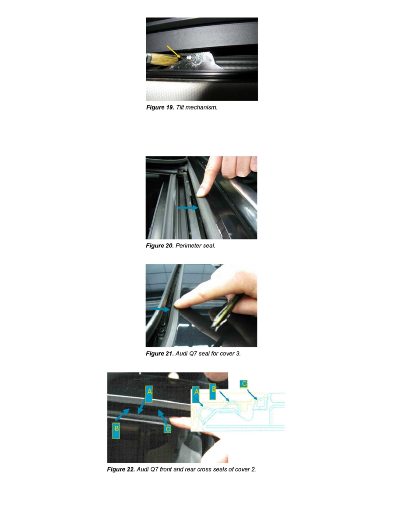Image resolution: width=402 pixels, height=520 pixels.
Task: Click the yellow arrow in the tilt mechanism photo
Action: [x=174, y=51]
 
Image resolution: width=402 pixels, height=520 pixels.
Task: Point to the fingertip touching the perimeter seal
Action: [x=202, y=191]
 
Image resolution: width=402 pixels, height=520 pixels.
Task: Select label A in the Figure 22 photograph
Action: [x=149, y=394]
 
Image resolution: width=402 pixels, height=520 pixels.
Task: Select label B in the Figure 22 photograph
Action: [x=117, y=431]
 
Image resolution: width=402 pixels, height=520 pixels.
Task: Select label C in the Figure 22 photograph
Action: [x=167, y=429]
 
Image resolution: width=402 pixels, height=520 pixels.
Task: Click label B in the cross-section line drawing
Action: [x=213, y=391]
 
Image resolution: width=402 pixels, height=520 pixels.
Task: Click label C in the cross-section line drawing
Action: [x=244, y=384]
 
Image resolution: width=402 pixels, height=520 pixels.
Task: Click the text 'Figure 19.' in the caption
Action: [x=160, y=108]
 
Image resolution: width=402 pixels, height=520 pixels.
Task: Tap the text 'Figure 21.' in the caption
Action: [x=160, y=354]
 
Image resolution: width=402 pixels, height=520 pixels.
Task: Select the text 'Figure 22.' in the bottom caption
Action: [x=121, y=470]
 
